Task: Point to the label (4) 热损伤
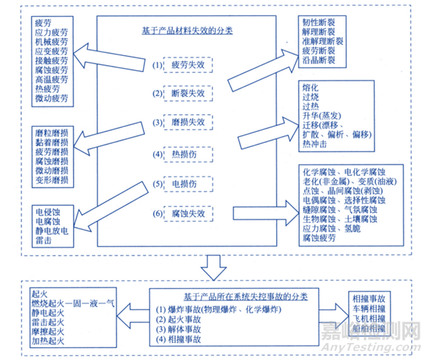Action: [179, 153]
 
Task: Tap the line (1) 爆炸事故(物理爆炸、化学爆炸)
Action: [214, 309]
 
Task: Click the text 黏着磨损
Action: [51, 142]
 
